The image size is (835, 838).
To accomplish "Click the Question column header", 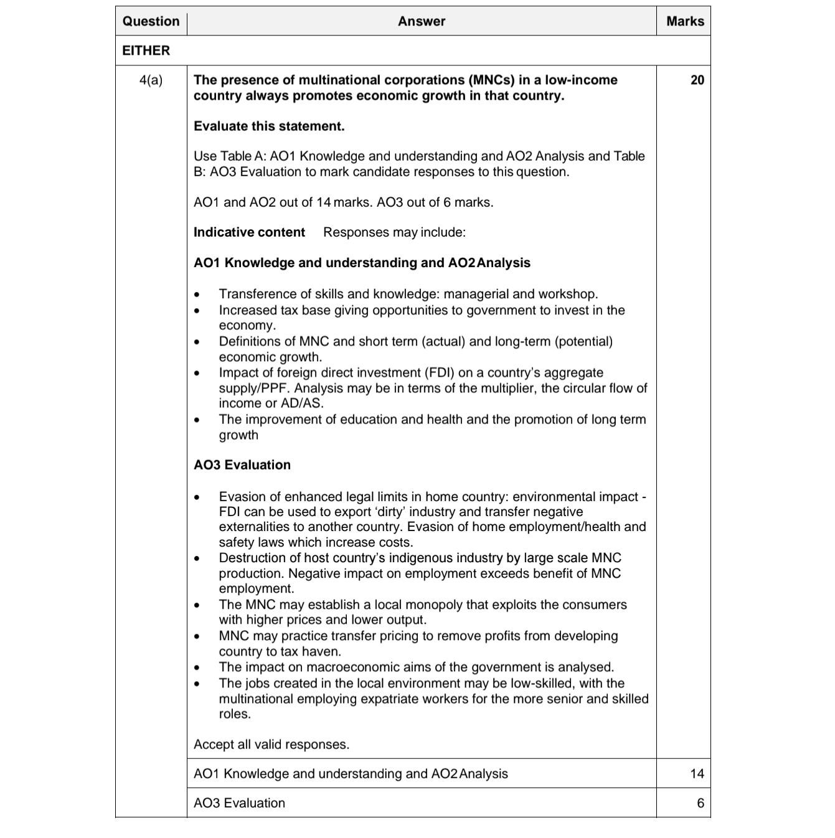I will click(151, 21).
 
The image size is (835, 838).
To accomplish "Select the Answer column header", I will click(422, 21).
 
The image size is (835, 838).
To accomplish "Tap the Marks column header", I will click(685, 21).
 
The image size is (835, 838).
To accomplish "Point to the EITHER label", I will click(146, 50).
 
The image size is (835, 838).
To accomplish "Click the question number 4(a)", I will click(151, 80).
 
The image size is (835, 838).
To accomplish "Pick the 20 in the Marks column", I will click(697, 80).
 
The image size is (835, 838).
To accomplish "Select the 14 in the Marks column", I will click(697, 773).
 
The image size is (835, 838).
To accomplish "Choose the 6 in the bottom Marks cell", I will click(701, 803).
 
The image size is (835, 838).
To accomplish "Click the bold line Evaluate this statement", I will click(269, 126).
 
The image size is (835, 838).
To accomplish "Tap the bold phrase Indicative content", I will click(249, 232).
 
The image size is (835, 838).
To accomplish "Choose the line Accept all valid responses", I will click(271, 745).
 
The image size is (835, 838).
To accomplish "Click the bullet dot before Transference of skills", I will click(197, 294).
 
